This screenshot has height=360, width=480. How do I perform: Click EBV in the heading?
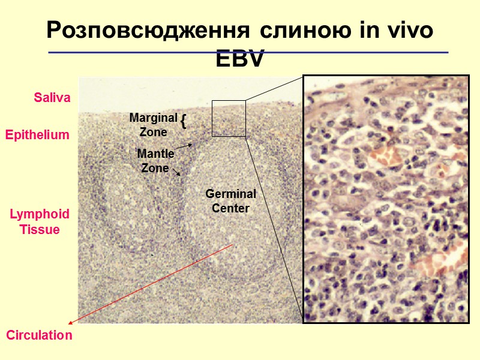pyautogui.click(x=240, y=59)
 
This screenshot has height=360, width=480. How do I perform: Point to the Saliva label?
pyautogui.click(x=52, y=97)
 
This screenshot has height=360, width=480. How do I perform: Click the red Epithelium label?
pyautogui.click(x=37, y=135)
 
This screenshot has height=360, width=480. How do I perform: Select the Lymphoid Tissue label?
pyautogui.click(x=40, y=221)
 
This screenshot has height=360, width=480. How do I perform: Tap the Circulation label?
pyautogui.click(x=40, y=335)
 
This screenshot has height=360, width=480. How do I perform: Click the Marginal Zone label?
pyautogui.click(x=153, y=124)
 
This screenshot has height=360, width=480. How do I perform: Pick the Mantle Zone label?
pyautogui.click(x=155, y=161)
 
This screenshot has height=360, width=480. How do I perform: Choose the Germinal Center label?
pyautogui.click(x=230, y=201)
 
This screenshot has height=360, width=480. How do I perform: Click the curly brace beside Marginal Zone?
pyautogui.click(x=184, y=122)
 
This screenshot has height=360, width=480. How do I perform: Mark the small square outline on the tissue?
pyautogui.click(x=229, y=118)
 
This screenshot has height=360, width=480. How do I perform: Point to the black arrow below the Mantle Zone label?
pyautogui.click(x=177, y=173)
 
